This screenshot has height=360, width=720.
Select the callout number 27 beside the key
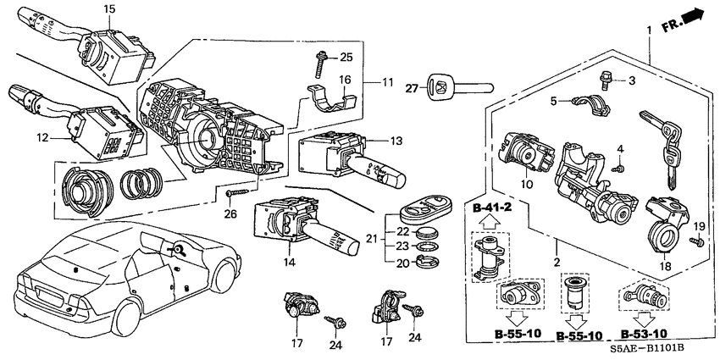tap(413, 86)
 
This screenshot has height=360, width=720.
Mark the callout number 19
tap(699, 227)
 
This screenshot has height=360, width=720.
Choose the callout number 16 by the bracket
tap(346, 79)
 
